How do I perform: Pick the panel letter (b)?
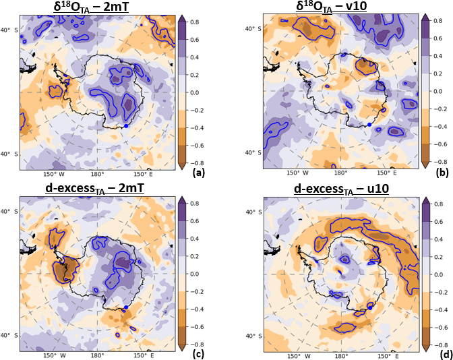pos(443,173)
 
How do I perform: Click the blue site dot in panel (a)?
pos(126,125)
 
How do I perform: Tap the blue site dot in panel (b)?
pos(369,125)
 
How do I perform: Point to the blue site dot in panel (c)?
pos(125,307)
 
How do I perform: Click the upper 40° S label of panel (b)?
pos(253,29)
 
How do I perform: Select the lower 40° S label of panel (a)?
pos(9,154)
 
